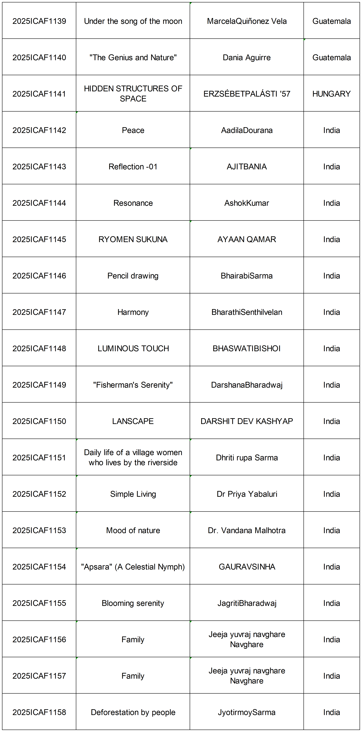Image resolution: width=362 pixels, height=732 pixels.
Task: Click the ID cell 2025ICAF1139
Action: [39, 21]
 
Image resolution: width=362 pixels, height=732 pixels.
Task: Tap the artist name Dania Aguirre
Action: [247, 57]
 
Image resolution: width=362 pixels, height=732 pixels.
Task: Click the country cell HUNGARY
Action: [331, 94]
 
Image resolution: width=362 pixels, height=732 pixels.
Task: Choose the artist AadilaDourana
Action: [247, 130]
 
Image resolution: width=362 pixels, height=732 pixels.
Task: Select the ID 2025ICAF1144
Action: [39, 203]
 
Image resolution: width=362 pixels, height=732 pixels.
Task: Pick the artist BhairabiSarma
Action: [247, 276]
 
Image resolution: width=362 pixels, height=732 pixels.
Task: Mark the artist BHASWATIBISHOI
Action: [247, 348]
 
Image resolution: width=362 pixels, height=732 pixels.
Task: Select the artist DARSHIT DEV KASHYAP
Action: [247, 421]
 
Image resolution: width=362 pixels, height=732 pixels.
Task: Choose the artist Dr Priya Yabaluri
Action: [247, 494]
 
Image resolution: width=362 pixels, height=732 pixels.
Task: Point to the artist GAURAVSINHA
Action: [247, 567]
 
